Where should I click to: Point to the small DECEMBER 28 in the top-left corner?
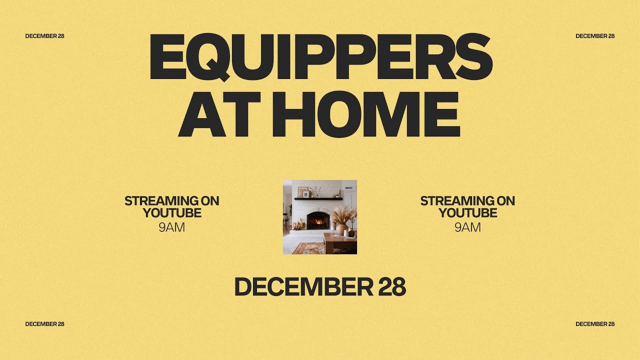click(x=44, y=36)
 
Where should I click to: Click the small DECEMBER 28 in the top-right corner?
click(x=595, y=36)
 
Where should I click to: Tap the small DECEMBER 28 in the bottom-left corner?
click(x=44, y=324)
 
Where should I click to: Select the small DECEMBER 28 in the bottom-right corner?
click(x=595, y=324)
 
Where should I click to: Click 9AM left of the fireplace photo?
click(x=171, y=227)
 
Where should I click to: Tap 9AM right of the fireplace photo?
click(x=467, y=227)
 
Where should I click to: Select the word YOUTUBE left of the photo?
click(x=171, y=213)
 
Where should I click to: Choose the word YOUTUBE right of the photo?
click(x=467, y=213)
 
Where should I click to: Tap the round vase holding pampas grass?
click(x=341, y=229)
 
